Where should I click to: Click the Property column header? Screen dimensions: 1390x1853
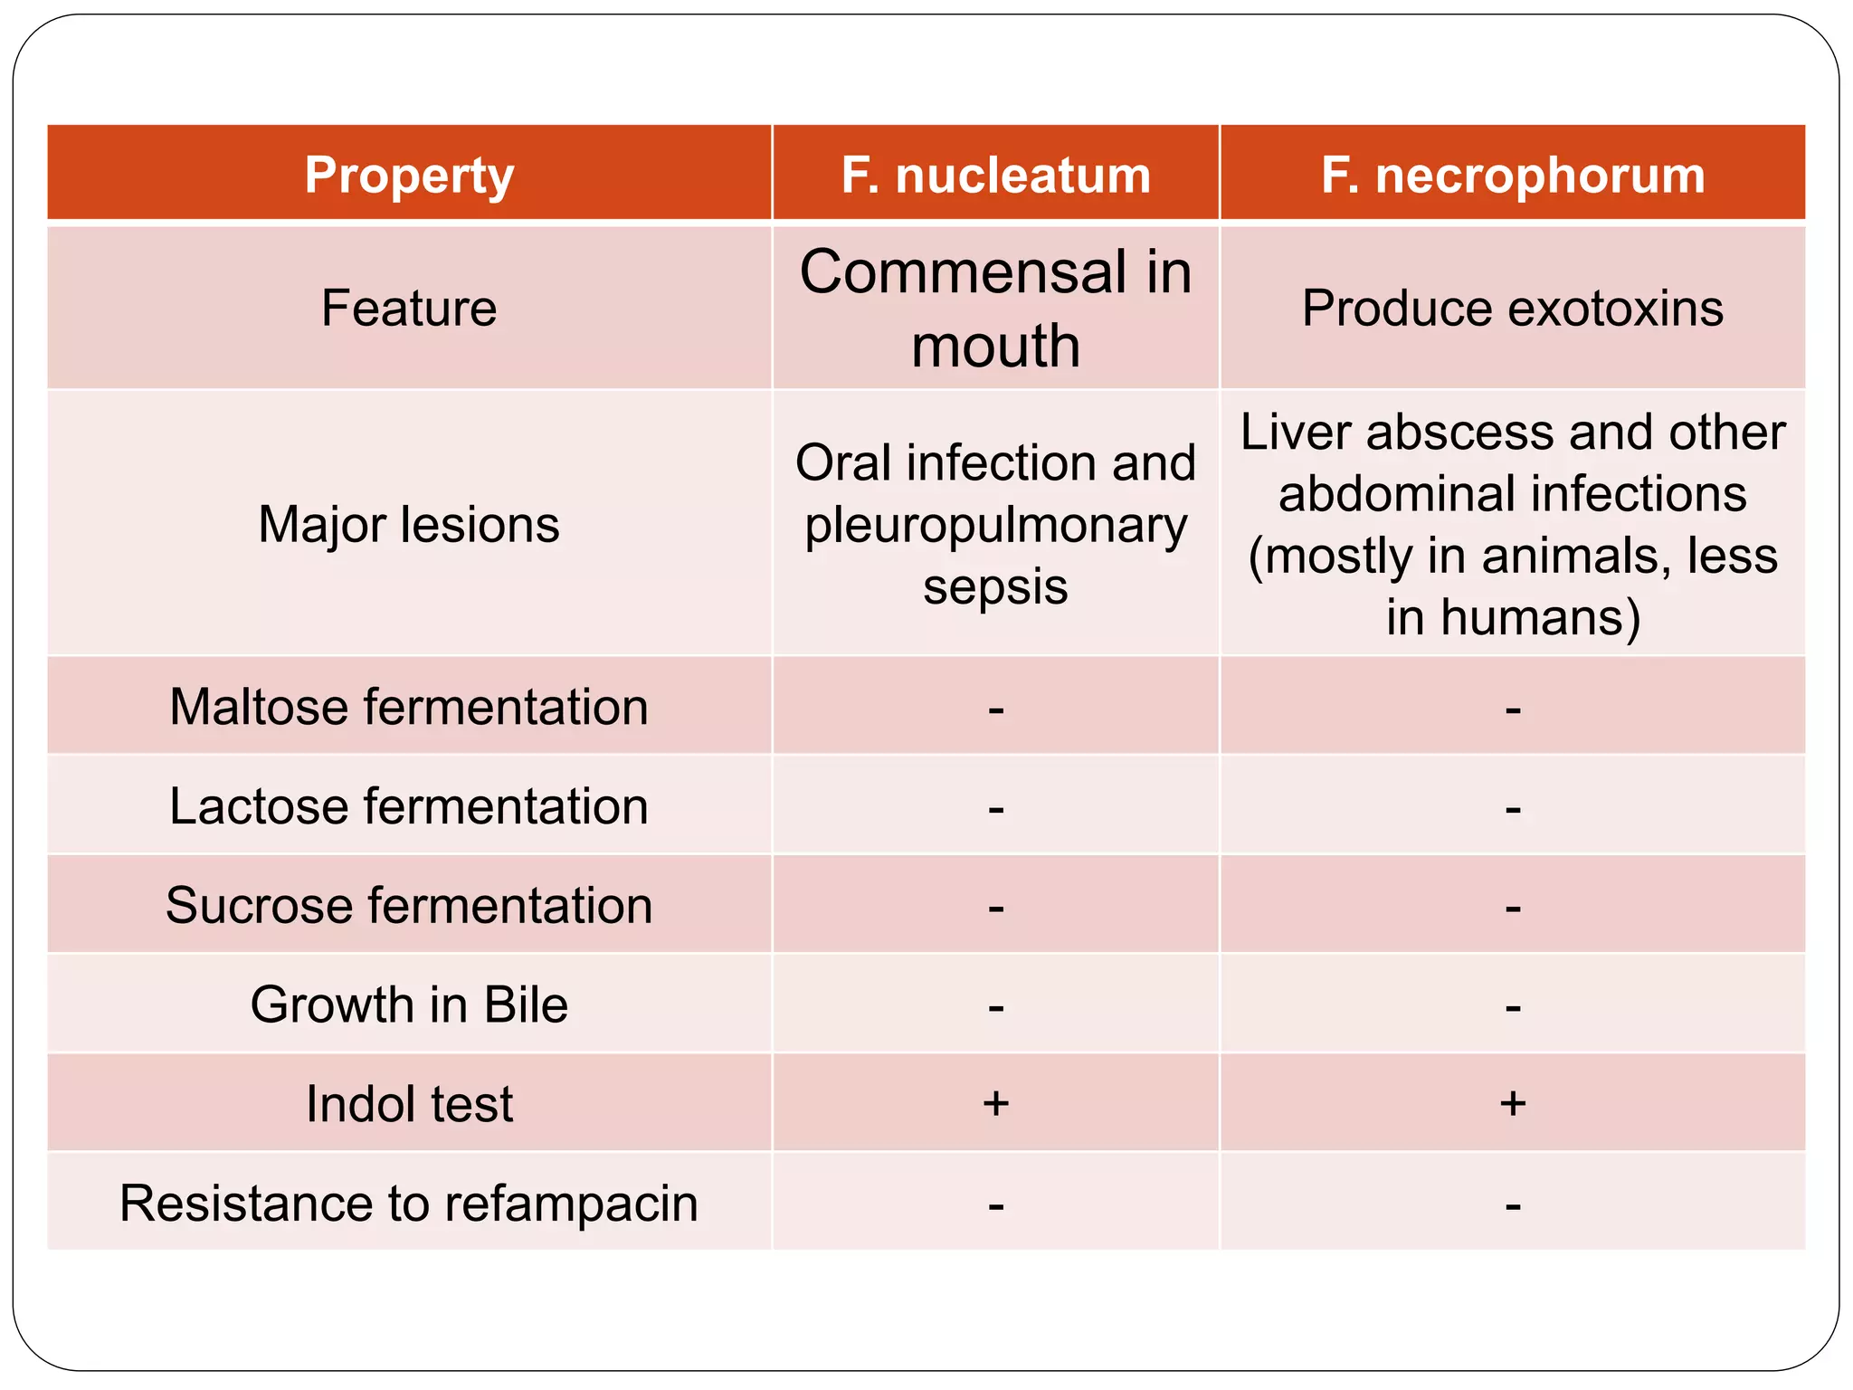[x=409, y=175]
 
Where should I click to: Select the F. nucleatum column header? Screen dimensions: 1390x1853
[x=995, y=175]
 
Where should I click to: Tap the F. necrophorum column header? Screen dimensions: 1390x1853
[x=1513, y=175]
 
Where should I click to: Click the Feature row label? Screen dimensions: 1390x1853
[x=409, y=308]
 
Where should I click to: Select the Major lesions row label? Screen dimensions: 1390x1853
[x=409, y=524]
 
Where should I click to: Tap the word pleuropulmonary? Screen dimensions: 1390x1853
[x=995, y=525]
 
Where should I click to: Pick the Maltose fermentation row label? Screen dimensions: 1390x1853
[x=409, y=706]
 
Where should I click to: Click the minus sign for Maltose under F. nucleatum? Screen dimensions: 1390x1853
[x=995, y=709]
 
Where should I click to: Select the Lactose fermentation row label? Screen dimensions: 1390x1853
[x=409, y=805]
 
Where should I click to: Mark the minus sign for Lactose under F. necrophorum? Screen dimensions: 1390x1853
[x=1513, y=809]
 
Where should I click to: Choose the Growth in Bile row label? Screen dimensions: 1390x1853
[x=409, y=1004]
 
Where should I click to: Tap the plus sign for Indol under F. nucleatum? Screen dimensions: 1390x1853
[x=995, y=1103]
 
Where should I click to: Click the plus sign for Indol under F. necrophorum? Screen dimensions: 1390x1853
[x=1513, y=1103]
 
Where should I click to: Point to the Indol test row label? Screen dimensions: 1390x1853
[x=409, y=1104]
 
